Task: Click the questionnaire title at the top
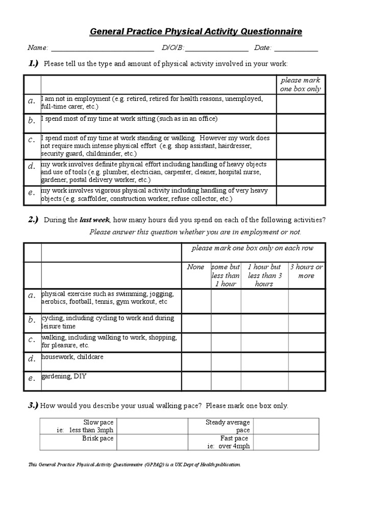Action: (196, 32)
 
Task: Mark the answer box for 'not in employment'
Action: (301, 103)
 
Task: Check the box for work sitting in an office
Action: (301, 123)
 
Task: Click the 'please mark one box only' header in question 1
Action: (301, 85)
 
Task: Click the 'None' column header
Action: (195, 267)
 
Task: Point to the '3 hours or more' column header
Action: (306, 271)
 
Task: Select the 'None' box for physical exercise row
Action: (197, 301)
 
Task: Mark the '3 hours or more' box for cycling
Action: (306, 323)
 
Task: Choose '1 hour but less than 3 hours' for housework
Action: (264, 361)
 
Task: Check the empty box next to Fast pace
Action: (286, 442)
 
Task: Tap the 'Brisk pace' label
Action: (97, 438)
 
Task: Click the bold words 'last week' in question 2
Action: (94, 220)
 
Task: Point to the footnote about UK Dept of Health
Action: (134, 465)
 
